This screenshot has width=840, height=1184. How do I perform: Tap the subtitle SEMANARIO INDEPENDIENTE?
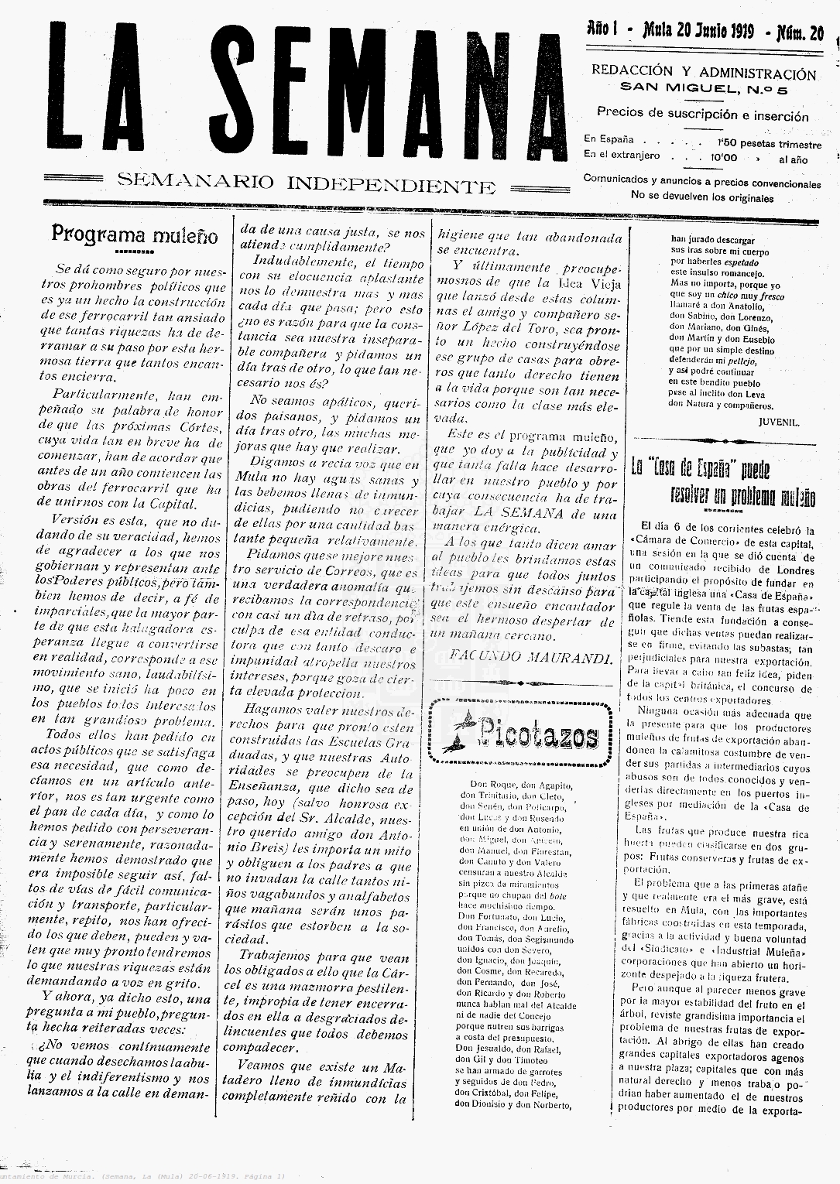306,183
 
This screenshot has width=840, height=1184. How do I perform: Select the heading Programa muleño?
135,234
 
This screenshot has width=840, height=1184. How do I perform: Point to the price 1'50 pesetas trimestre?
770,144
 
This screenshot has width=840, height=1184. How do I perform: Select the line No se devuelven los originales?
702,196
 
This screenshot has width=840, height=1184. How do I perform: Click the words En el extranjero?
622,156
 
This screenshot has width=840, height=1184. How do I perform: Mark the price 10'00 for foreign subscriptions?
724,158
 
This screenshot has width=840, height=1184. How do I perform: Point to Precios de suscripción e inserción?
702,116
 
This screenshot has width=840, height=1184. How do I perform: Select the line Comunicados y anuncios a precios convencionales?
701,184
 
